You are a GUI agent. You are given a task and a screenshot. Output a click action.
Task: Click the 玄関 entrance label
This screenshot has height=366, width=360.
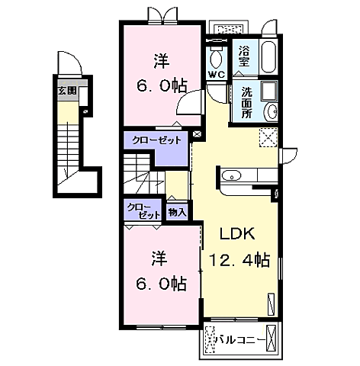67,91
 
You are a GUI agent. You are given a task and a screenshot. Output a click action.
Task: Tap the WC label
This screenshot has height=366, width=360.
217,75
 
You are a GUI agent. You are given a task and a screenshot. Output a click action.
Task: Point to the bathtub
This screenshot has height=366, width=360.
268,56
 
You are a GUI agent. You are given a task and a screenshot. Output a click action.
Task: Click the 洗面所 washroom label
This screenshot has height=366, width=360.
246,102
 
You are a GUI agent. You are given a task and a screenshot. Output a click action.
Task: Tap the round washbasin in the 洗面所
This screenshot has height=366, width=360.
272,111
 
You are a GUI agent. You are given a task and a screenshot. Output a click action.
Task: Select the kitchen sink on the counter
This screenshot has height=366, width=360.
231,175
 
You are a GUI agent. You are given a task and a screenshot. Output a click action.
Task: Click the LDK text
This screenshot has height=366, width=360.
237,233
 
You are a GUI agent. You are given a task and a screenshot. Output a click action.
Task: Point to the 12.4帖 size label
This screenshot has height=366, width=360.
239,259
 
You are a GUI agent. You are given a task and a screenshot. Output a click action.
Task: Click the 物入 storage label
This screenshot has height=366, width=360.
177,212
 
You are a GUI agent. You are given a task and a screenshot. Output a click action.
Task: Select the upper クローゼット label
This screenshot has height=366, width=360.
156,140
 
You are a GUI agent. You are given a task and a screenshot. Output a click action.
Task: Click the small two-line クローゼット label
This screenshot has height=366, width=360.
144,211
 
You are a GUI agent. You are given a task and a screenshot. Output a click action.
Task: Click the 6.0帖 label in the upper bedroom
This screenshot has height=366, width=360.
162,86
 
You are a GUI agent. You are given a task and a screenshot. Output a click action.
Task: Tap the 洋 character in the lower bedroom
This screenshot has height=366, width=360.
159,258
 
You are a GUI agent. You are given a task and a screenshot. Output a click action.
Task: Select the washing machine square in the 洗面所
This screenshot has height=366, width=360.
269,91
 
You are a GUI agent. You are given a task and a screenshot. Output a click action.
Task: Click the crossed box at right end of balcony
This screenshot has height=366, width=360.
271,338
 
